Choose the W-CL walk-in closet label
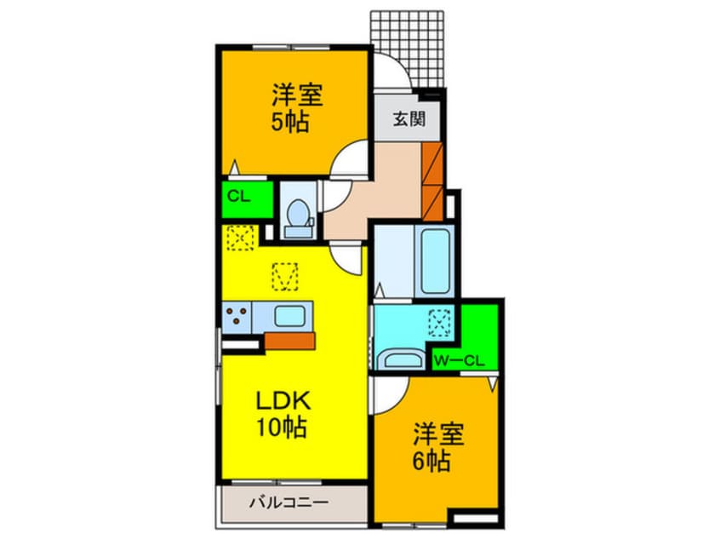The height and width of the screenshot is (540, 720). (x=459, y=359)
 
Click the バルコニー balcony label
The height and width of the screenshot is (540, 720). (x=288, y=503)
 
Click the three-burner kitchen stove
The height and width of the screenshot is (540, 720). (x=237, y=317)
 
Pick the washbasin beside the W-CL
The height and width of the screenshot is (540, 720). (x=400, y=359)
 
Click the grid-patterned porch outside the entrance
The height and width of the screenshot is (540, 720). (x=408, y=43)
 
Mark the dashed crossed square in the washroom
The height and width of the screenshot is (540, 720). (x=441, y=322)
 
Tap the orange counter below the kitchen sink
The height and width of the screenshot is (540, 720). (x=289, y=341)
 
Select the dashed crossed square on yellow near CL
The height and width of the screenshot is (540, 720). (x=239, y=238)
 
